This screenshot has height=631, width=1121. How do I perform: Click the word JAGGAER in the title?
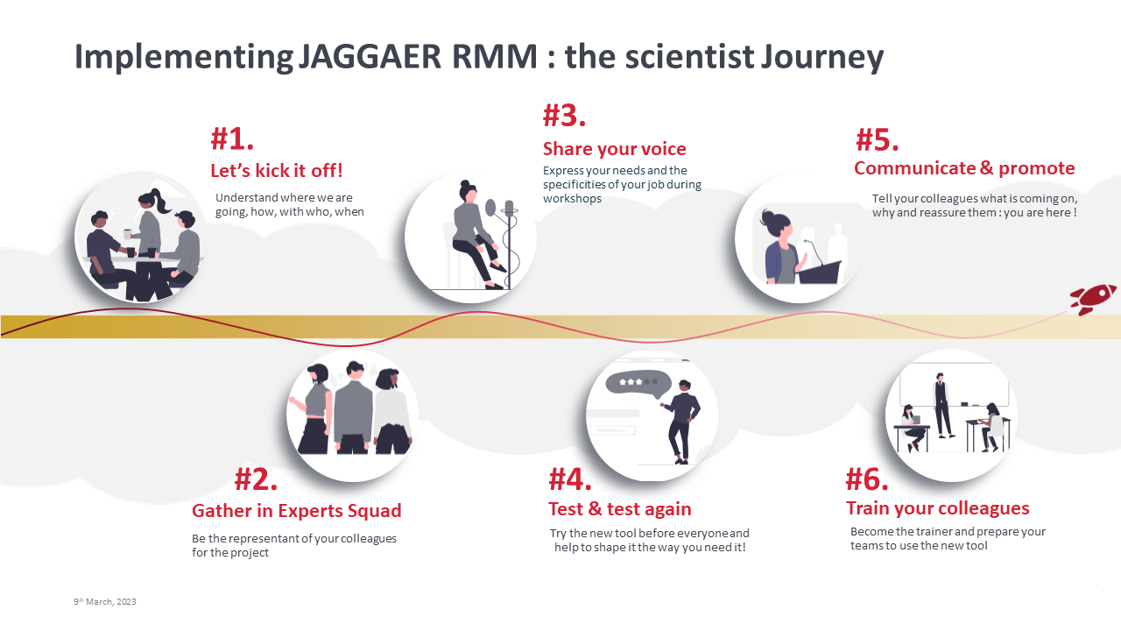pyautogui.click(x=370, y=56)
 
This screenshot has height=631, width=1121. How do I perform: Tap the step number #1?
pyautogui.click(x=232, y=138)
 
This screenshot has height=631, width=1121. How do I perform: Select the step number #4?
pyautogui.click(x=570, y=479)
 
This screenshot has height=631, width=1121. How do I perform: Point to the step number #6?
pyautogui.click(x=867, y=479)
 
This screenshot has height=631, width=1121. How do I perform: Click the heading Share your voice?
pyautogui.click(x=615, y=149)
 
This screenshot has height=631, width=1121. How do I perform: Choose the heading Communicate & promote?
pyautogui.click(x=964, y=168)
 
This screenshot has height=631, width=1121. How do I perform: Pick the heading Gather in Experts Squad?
pyautogui.click(x=297, y=511)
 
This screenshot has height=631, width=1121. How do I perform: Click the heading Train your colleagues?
pyautogui.click(x=938, y=508)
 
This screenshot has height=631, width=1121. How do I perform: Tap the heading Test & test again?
pyautogui.click(x=620, y=509)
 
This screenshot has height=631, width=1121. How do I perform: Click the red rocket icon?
pyautogui.click(x=1093, y=299)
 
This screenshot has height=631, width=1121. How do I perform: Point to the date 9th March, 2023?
pyautogui.click(x=105, y=601)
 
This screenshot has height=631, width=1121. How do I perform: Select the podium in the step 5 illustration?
pyautogui.click(x=820, y=272)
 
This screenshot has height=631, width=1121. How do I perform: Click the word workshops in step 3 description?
pyautogui.click(x=572, y=199)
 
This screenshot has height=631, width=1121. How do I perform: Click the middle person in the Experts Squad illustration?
pyautogui.click(x=353, y=408)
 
